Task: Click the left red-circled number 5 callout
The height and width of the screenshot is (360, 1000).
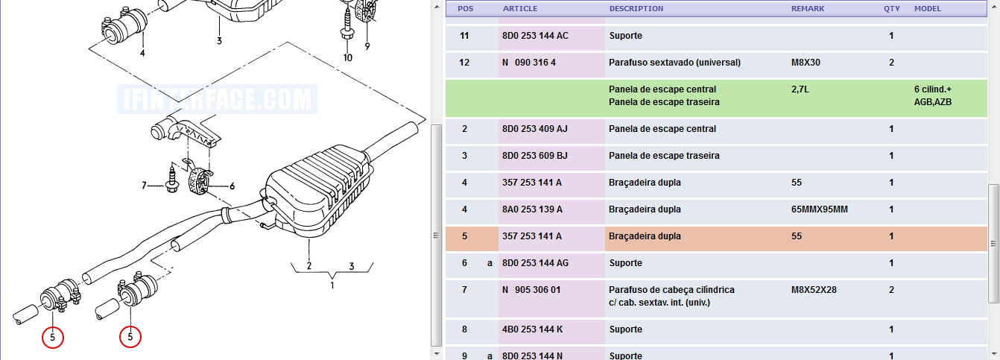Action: [x=53, y=338]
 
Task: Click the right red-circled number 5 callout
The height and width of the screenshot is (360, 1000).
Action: [x=130, y=337]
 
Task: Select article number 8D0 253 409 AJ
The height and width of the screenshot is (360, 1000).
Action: [x=535, y=129]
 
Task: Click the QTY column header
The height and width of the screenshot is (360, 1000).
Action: [x=891, y=8]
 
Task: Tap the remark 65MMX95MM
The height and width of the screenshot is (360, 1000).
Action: [x=819, y=209]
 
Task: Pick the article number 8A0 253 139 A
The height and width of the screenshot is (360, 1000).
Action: [x=532, y=209]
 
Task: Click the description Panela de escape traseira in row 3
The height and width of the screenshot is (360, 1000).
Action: [x=664, y=156]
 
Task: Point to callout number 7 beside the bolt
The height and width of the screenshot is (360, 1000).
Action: [x=145, y=186]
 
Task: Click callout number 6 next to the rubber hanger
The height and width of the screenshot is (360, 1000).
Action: [x=232, y=186]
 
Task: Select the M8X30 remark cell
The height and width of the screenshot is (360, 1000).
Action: [x=806, y=63]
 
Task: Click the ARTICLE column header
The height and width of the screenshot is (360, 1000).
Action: [x=520, y=8]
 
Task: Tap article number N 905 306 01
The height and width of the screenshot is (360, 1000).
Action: [x=531, y=290]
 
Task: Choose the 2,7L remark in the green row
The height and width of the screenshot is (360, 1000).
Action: [x=800, y=89]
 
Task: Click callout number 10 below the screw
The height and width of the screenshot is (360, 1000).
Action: [x=348, y=57]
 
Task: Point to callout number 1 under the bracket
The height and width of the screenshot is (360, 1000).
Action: [x=332, y=285]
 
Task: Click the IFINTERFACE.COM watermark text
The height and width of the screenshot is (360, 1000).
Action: [x=218, y=99]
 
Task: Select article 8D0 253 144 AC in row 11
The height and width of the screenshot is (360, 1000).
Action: [x=535, y=36]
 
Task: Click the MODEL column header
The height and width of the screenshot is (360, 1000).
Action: [x=928, y=8]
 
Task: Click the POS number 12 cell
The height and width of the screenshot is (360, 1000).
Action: [x=464, y=63]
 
